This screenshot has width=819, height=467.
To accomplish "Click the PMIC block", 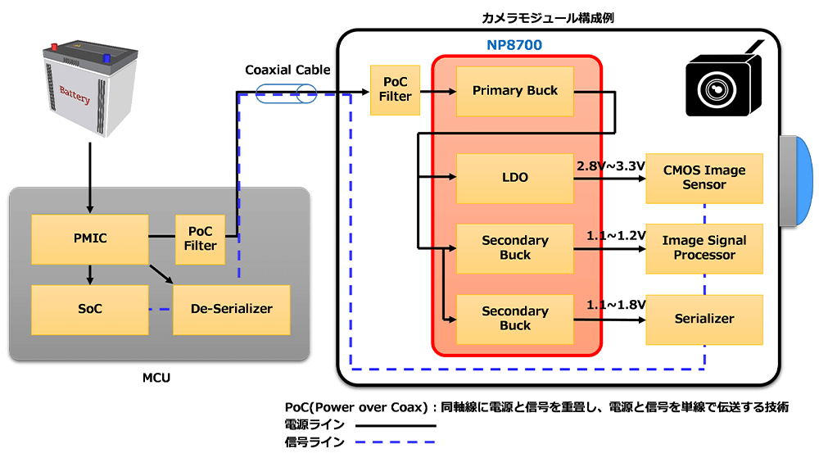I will [89, 239].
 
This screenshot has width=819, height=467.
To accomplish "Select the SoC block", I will [89, 309].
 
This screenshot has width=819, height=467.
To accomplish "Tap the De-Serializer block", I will [232, 309].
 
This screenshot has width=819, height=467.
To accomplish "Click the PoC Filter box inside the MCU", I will [201, 238].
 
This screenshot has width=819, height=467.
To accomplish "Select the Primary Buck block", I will [515, 91].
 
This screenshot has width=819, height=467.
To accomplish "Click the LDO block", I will [515, 178].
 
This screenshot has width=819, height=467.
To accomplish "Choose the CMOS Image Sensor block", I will [704, 178].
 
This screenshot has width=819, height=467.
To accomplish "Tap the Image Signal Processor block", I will [704, 248].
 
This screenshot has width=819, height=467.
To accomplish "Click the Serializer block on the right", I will [704, 319].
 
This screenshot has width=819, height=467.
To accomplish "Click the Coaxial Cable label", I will [287, 70].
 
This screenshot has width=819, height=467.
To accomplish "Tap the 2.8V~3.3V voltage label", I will [611, 166].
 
